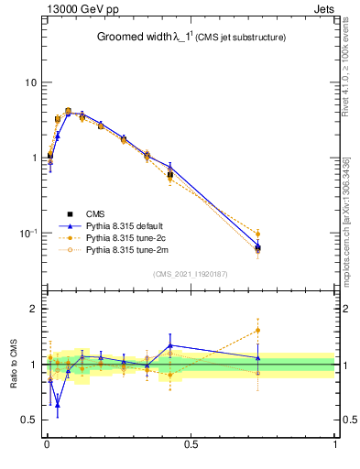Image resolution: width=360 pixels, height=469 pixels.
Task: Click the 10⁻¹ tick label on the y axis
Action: (x=27, y=233)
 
